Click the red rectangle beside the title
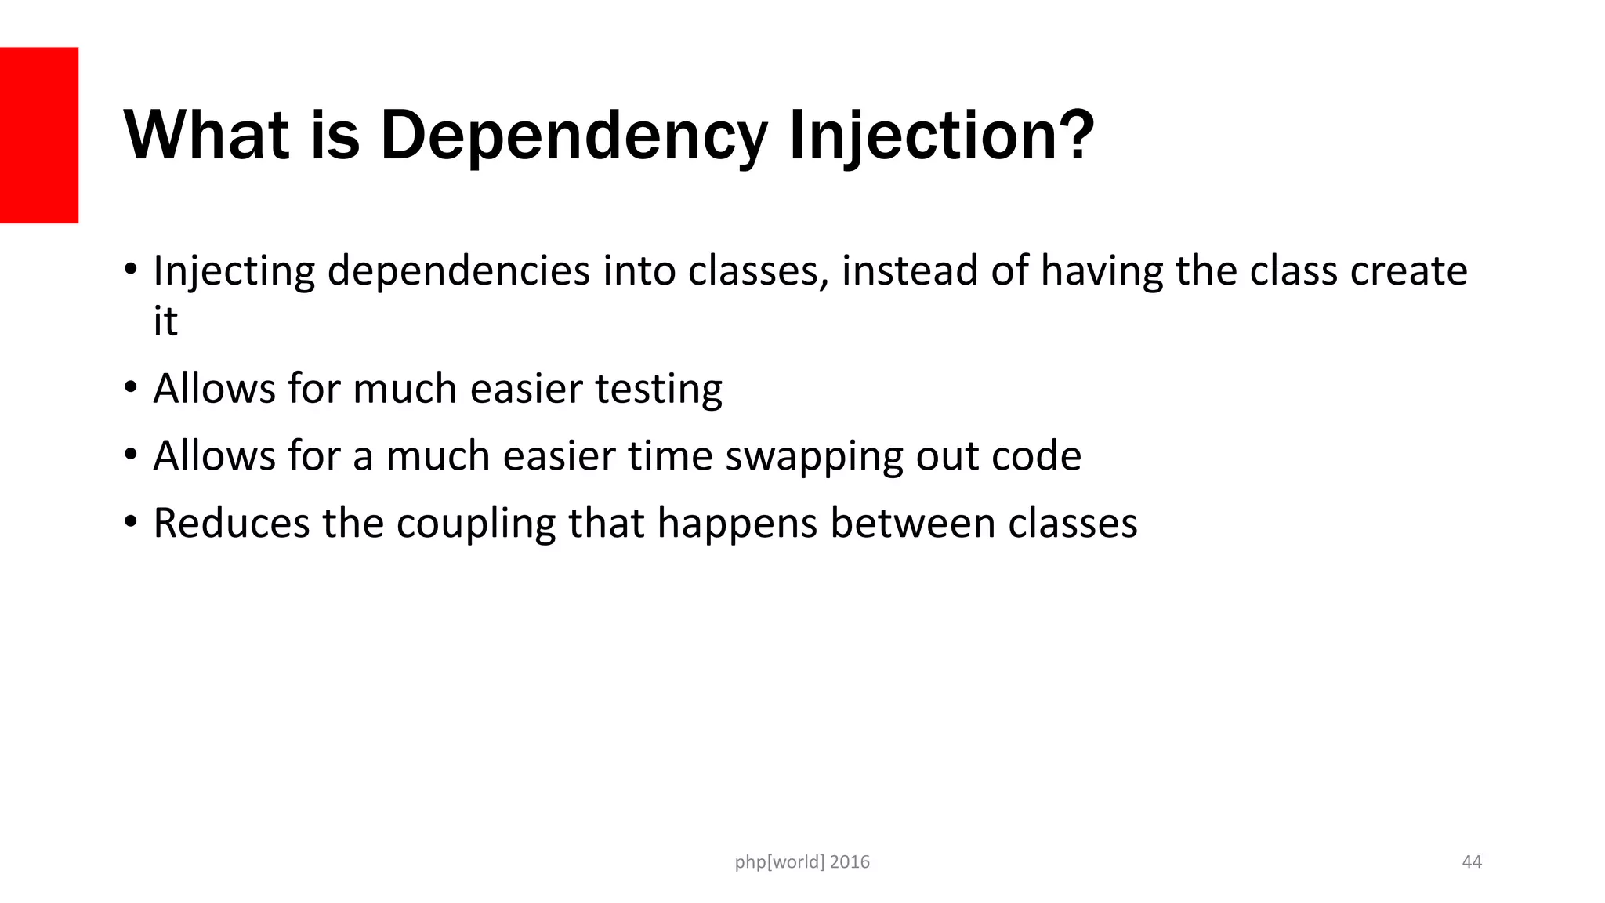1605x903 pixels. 39,135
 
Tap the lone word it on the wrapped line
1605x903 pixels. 165,321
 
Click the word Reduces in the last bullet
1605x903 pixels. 231,523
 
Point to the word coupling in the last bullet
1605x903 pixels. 476,524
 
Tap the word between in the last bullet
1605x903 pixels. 912,523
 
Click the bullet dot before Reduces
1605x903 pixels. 131,522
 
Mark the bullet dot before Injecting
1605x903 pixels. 131,270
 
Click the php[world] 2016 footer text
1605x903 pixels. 802,862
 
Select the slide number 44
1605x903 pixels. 1472,862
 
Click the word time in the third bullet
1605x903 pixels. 670,455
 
